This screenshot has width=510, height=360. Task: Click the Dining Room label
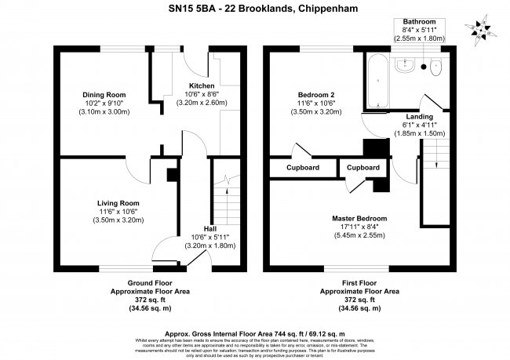pyautogui.click(x=105, y=95)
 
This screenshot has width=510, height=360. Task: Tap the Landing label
pyautogui.click(x=397, y=116)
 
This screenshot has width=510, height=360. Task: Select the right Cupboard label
pyautogui.click(x=363, y=168)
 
